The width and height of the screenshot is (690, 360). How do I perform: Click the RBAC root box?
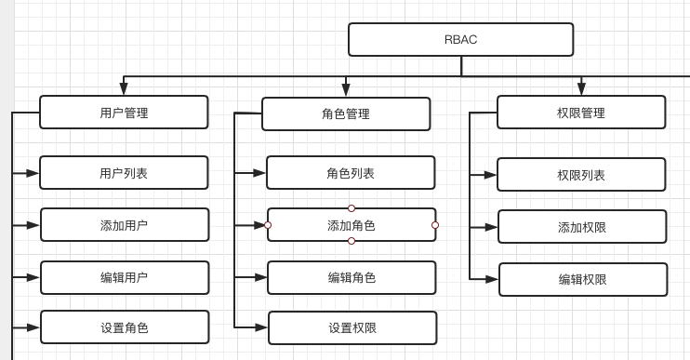(x=460, y=39)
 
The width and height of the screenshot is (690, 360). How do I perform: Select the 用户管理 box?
(x=124, y=113)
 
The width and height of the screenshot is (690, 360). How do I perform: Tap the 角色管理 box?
(x=346, y=113)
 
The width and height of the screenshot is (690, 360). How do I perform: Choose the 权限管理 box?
(x=581, y=112)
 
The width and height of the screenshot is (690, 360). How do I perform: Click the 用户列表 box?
(x=124, y=172)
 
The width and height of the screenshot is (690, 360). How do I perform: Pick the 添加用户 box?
(x=125, y=224)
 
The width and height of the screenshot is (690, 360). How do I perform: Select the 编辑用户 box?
(x=125, y=277)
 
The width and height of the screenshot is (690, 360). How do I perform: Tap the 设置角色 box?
(x=125, y=327)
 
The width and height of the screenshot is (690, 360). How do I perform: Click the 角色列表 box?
(x=351, y=173)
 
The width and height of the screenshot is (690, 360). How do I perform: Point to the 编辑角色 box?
(x=352, y=277)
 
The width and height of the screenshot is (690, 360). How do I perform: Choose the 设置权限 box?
(x=352, y=327)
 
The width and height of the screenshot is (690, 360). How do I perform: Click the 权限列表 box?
(x=581, y=174)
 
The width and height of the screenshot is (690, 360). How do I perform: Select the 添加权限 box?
(x=582, y=226)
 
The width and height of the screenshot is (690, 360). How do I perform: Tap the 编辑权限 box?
(x=583, y=279)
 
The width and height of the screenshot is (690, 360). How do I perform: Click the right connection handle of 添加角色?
(x=435, y=225)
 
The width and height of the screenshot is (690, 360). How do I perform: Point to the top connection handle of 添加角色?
(x=352, y=207)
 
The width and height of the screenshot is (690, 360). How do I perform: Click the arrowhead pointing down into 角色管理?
(x=346, y=89)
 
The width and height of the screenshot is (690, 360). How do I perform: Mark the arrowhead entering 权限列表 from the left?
(x=490, y=174)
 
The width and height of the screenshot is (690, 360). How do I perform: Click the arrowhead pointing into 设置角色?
(x=33, y=327)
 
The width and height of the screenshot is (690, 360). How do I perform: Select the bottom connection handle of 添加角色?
(x=352, y=242)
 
